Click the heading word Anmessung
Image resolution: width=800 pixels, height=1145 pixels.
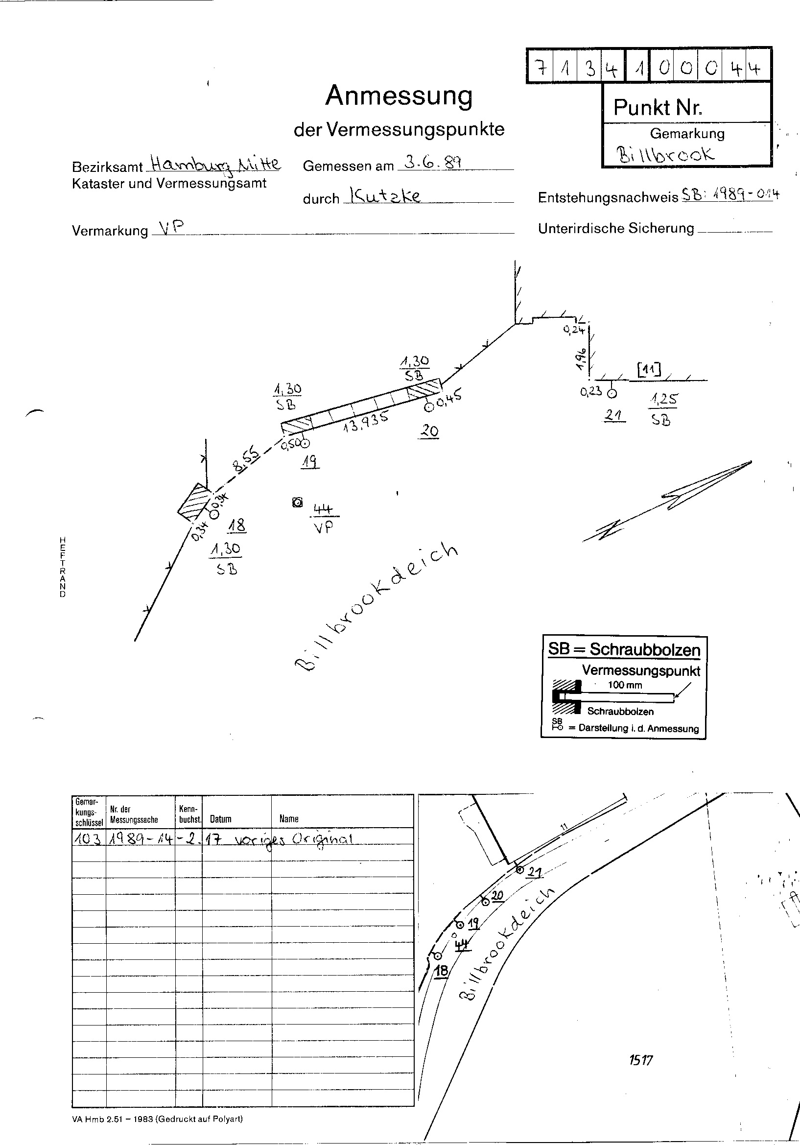(x=399, y=96)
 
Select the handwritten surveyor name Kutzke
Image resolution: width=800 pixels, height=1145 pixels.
(x=386, y=195)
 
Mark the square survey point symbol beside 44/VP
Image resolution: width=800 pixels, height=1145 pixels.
(x=298, y=502)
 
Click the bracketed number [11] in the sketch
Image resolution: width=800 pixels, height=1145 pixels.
(x=649, y=370)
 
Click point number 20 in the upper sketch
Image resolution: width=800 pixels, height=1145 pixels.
(x=429, y=430)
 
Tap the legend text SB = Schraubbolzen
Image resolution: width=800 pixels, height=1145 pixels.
(x=624, y=649)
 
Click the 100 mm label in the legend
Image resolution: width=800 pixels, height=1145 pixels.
(x=625, y=685)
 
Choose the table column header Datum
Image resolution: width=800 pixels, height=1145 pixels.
(x=221, y=819)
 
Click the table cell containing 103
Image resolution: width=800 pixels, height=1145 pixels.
(x=88, y=839)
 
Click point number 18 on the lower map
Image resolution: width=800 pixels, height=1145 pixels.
(x=442, y=970)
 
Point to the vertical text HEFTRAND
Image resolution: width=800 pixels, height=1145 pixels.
(x=63, y=567)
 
